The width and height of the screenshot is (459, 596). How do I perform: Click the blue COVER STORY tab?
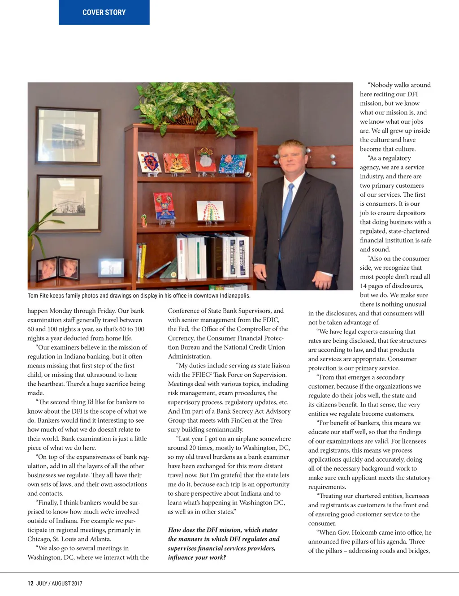(x=104, y=12)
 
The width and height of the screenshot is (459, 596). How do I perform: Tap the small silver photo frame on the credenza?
(x=111, y=268)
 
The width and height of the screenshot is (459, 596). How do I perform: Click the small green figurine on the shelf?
(x=144, y=220)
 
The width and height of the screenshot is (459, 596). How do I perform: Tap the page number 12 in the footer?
(x=30, y=583)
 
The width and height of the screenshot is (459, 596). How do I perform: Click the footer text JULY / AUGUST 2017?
(x=59, y=583)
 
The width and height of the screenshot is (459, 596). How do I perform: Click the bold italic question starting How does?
(x=223, y=544)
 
